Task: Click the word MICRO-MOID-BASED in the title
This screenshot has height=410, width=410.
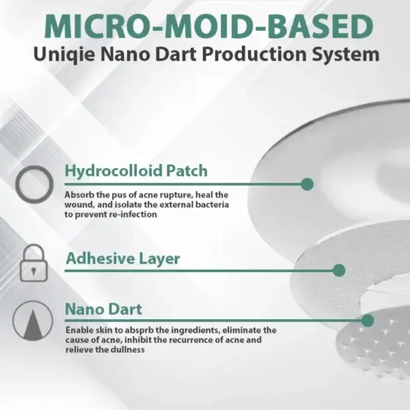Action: (x=208, y=27)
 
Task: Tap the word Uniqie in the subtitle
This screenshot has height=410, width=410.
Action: (x=64, y=55)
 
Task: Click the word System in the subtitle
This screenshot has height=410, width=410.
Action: (x=346, y=55)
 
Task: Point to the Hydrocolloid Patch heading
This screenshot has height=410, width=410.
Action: (x=136, y=171)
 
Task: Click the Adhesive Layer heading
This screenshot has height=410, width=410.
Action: (x=123, y=259)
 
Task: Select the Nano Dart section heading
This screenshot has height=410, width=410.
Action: (x=104, y=309)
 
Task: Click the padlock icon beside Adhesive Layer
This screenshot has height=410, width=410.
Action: (x=34, y=263)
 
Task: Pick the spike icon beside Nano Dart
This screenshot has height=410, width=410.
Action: (x=33, y=321)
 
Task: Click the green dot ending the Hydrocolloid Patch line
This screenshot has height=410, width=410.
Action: (x=307, y=184)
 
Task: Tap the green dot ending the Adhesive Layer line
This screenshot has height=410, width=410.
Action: (x=339, y=271)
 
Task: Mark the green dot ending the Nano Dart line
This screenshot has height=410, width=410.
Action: (x=368, y=320)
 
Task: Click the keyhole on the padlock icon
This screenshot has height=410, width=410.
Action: (x=33, y=271)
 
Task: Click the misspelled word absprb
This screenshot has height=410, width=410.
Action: (x=139, y=331)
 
